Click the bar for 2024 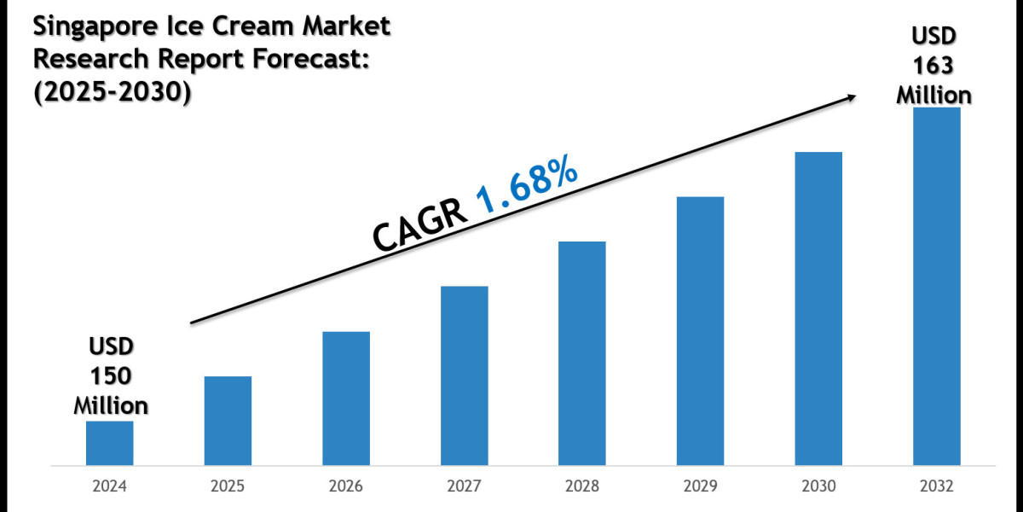pos(109,444)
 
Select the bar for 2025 pos(228,422)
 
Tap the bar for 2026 pos(346,399)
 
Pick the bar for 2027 pos(465,376)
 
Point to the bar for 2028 pos(582,354)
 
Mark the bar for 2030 pos(818,309)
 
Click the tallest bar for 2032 pos(937,287)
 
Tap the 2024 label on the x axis pos(109,486)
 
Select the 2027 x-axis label pos(465,486)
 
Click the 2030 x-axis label pos(818,486)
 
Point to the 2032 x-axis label pos(937,486)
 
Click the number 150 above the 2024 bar pos(111,376)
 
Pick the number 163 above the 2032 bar pos(933,65)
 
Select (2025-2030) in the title pos(112,90)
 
